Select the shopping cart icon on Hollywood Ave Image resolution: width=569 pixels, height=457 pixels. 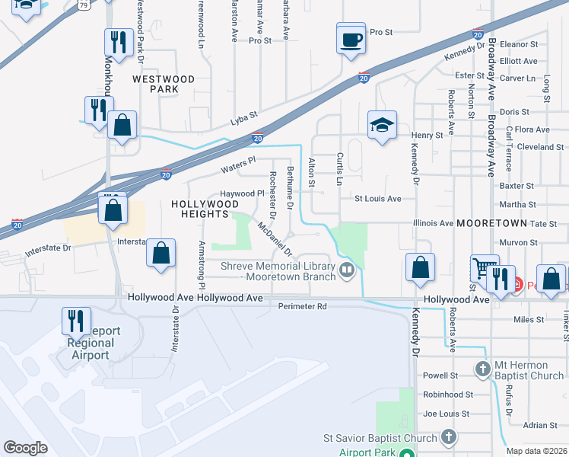pyautogui.click(x=484, y=269)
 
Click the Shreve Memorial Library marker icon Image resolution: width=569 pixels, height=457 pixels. pyautogui.click(x=347, y=269)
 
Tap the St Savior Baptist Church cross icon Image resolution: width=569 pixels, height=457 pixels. pyautogui.click(x=449, y=437)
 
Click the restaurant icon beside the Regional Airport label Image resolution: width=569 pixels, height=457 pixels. pyautogui.click(x=76, y=321)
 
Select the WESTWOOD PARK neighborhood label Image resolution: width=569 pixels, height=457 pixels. pyautogui.click(x=164, y=84)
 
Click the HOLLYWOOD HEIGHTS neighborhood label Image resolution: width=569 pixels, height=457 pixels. pyautogui.click(x=200, y=209)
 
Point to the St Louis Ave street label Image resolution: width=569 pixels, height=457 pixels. pyautogui.click(x=377, y=199)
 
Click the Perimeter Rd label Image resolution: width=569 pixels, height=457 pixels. pyautogui.click(x=302, y=307)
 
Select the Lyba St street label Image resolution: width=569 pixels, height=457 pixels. pyautogui.click(x=245, y=121)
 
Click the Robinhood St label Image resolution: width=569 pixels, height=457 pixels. pyautogui.click(x=448, y=395)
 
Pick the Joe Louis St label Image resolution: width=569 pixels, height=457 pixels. pyautogui.click(x=449, y=414)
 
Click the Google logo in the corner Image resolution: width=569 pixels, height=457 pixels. pyautogui.click(x=25, y=448)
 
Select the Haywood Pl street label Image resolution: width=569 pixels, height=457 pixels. pyautogui.click(x=241, y=194)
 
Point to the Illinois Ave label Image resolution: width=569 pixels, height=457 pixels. pyautogui.click(x=432, y=223)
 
